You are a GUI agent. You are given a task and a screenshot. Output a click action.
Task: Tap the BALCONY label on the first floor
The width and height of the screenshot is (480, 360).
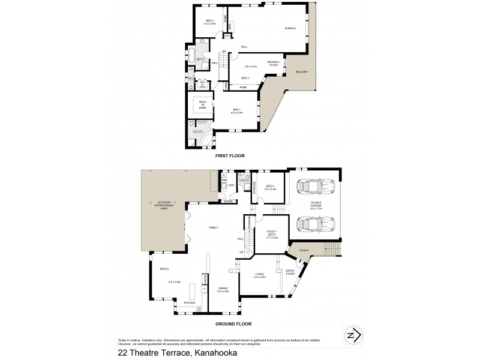(x=301, y=73)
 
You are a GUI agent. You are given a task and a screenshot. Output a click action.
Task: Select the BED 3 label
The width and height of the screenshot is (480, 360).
(x=209, y=22)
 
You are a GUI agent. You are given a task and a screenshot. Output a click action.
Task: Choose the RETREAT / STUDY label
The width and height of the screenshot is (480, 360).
(x=275, y=62)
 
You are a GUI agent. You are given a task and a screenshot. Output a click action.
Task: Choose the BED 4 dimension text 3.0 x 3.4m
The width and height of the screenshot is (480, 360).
(x=270, y=189)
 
